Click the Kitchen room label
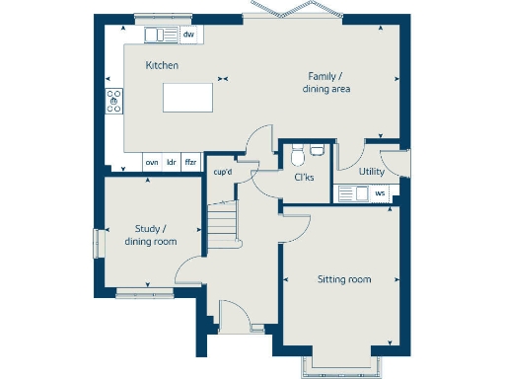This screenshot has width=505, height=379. (x=162, y=65)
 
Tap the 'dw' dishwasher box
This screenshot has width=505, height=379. (x=188, y=36)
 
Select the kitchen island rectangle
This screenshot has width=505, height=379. (x=187, y=98)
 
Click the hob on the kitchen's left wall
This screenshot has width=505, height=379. (x=113, y=100)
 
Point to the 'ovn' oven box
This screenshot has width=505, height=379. (x=152, y=162)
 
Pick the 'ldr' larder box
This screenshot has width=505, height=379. (x=171, y=162)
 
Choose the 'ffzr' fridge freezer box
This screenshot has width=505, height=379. (x=190, y=162)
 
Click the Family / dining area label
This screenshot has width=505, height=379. (x=326, y=83)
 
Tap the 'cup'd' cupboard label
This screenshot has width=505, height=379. (x=223, y=173)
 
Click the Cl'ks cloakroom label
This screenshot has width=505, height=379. (x=304, y=178)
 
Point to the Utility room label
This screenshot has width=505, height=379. (x=372, y=172)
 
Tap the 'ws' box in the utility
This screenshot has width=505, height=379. (x=380, y=193)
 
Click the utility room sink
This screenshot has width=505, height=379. (x=349, y=193)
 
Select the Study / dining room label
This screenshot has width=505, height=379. (x=150, y=235)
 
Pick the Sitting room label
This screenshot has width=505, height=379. (x=343, y=280)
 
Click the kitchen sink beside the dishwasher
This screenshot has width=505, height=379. (x=161, y=36)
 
